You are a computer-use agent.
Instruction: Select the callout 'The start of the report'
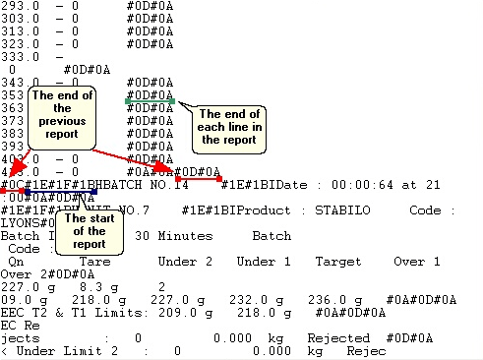[x=90, y=229]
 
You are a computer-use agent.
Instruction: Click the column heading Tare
[x=94, y=262]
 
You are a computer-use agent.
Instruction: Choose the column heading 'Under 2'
[x=185, y=262]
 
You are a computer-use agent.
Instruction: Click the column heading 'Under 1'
[x=263, y=262]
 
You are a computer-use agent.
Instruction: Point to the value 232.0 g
[x=251, y=299]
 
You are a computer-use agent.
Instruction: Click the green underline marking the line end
[x=150, y=100]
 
